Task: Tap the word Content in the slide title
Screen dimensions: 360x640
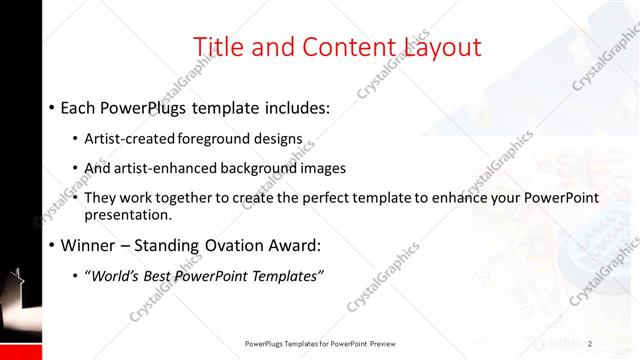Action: coord(335,46)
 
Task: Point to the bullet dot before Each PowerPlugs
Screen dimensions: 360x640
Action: coord(50,107)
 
